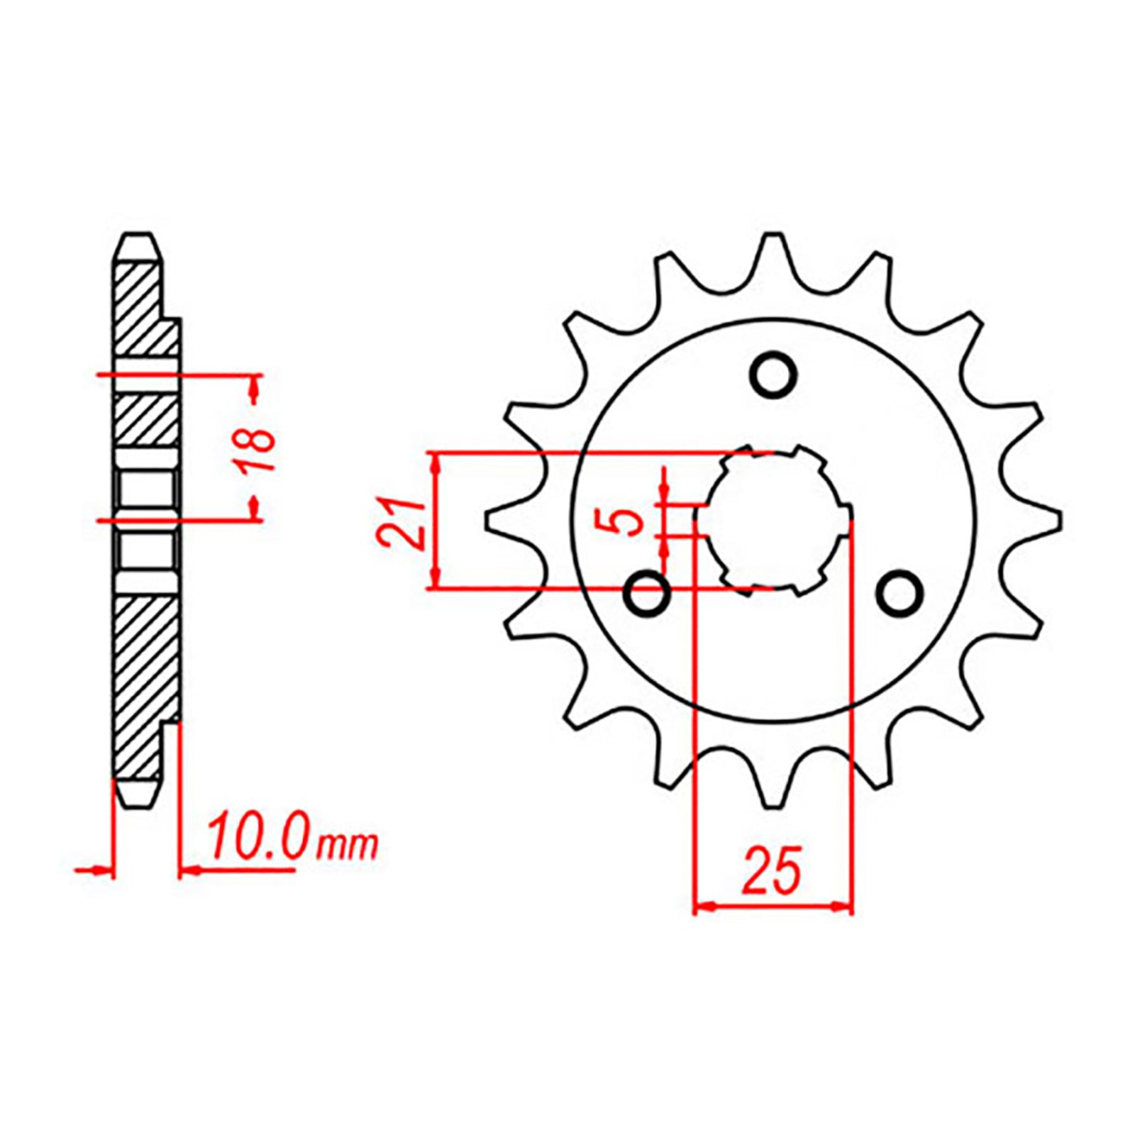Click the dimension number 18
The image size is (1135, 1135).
260,449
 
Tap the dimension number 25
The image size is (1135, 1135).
772,870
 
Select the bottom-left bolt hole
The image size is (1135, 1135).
646,592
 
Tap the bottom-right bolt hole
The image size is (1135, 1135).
899,592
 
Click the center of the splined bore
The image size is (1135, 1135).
774,520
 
